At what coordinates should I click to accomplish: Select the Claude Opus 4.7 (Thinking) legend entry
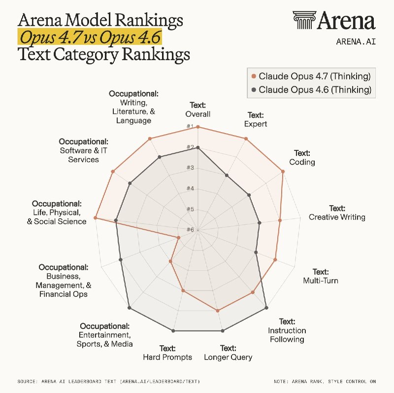(x=310, y=76)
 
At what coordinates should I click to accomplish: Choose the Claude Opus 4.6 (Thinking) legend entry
(x=310, y=89)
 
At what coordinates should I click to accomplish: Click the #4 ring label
(x=190, y=189)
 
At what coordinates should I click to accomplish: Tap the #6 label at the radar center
(x=190, y=230)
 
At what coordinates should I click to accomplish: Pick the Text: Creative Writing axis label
(x=337, y=213)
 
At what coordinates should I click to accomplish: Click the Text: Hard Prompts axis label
(x=167, y=353)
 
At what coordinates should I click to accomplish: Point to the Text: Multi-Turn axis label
(x=320, y=276)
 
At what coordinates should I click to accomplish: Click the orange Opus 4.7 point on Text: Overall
(x=197, y=127)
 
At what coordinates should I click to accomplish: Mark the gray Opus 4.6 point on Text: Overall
(x=197, y=147)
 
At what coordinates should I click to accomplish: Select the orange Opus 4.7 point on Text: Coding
(x=283, y=172)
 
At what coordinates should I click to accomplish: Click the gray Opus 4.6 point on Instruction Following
(x=266, y=308)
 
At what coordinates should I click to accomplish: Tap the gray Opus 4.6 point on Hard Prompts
(x=173, y=330)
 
